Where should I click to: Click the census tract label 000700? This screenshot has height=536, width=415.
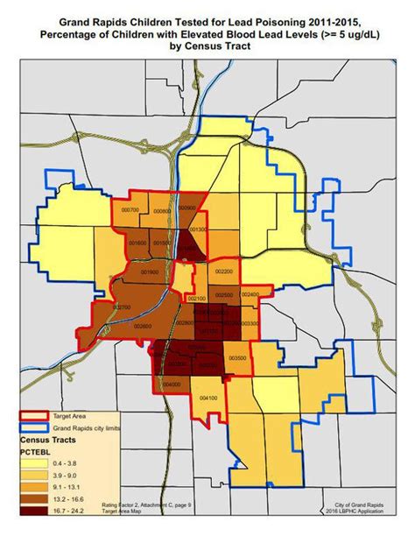pyautogui.click(x=130, y=210)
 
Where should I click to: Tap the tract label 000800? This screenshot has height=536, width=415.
pyautogui.click(x=160, y=211)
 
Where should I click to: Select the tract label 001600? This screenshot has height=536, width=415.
pyautogui.click(x=138, y=243)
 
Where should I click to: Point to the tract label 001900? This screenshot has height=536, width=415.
pyautogui.click(x=151, y=272)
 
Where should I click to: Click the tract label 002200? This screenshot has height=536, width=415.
pyautogui.click(x=223, y=272)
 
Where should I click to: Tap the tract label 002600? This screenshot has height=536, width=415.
pyautogui.click(x=143, y=326)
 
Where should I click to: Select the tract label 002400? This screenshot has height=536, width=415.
pyautogui.click(x=250, y=295)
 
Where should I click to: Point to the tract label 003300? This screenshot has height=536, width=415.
pyautogui.click(x=249, y=325)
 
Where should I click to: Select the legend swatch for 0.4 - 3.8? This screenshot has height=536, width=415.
pyautogui.click(x=35, y=462)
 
